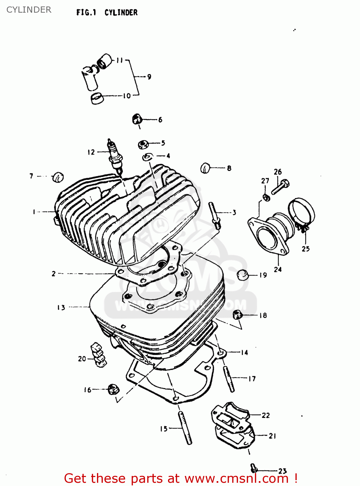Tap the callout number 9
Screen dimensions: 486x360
pos(149,77)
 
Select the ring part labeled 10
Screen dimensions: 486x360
pos(97,98)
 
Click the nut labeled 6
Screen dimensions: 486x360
pos(137,119)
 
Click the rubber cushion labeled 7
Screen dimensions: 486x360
pos(58,177)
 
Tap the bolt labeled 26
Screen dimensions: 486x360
pos(280,187)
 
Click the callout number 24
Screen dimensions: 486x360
pos(278,269)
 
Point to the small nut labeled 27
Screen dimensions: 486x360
pos(266,197)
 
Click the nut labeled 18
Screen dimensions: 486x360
pos(237,314)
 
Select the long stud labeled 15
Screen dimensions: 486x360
pos(185,428)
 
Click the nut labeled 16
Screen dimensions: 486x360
pos(113,389)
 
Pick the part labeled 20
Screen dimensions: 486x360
pos(99,355)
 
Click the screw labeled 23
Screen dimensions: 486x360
pos(254,468)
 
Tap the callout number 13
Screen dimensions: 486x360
pos(61,307)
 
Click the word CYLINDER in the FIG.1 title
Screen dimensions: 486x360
pos(121,13)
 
